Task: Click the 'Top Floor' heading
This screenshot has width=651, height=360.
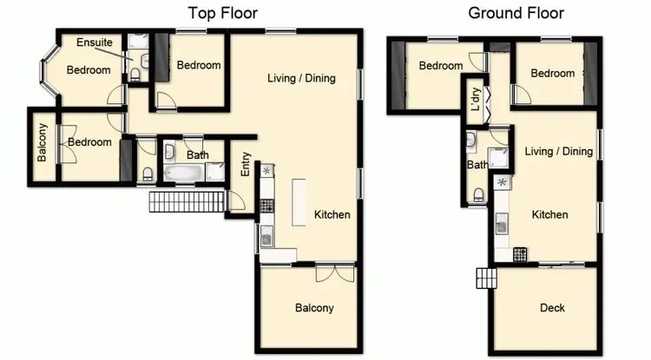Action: coord(224,13)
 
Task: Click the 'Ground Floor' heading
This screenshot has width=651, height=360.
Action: coord(516,13)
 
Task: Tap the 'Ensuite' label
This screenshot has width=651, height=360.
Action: coord(94,43)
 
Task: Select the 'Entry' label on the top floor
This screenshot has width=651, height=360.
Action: coord(246,165)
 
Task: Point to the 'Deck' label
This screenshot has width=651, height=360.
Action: coord(552,308)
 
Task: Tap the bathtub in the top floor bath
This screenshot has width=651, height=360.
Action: coord(181,175)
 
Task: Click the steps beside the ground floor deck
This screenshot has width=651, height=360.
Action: coord(486,278)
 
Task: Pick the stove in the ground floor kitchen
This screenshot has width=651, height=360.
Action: coord(521,254)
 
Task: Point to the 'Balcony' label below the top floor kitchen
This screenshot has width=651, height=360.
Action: coord(314,308)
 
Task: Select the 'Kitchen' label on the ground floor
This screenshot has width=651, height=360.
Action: coord(549,215)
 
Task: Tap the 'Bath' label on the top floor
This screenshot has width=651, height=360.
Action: coord(198,156)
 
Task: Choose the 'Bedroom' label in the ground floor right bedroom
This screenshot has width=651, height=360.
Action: coord(553,74)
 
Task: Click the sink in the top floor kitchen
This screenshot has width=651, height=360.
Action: coord(267,234)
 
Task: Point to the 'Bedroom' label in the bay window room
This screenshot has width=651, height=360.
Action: coord(89,70)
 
